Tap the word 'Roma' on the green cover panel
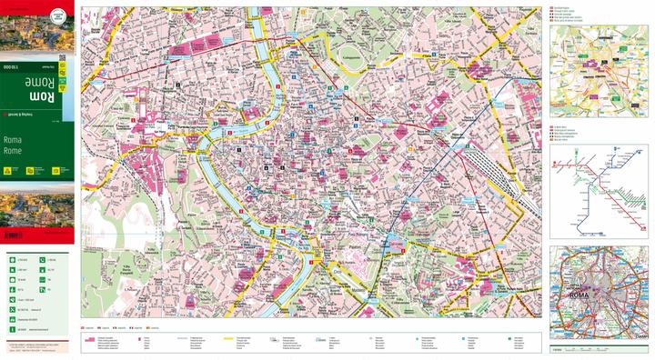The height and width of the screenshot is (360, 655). (x=12, y=140)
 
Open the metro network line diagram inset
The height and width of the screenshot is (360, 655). (x=597, y=193)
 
